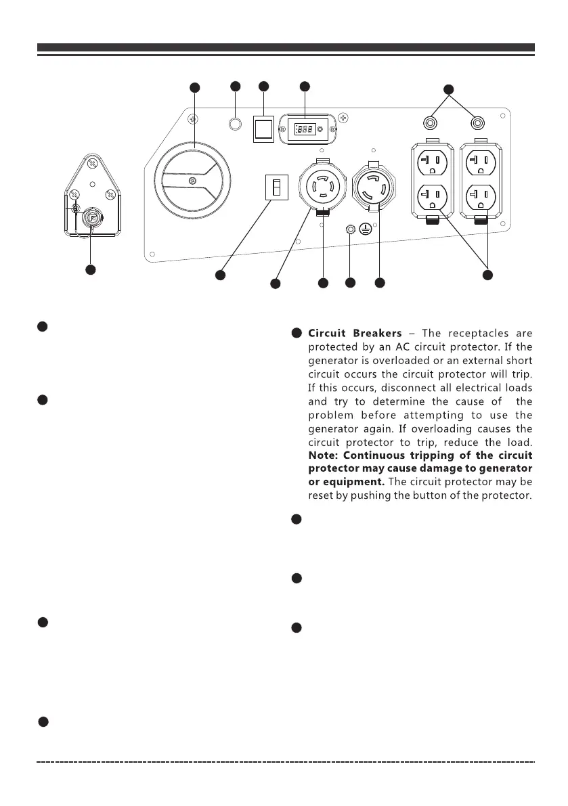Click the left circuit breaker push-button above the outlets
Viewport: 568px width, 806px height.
[x=429, y=123]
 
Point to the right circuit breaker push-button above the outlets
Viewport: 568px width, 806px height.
[x=479, y=123]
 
